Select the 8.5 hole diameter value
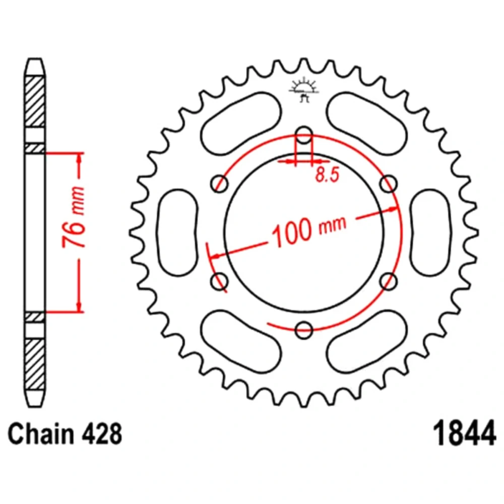tap(328, 174)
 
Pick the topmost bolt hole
tap(304, 135)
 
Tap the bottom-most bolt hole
tap(304, 330)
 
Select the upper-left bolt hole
tap(219, 183)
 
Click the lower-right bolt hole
tap(389, 281)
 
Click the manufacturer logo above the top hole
tap(304, 91)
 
